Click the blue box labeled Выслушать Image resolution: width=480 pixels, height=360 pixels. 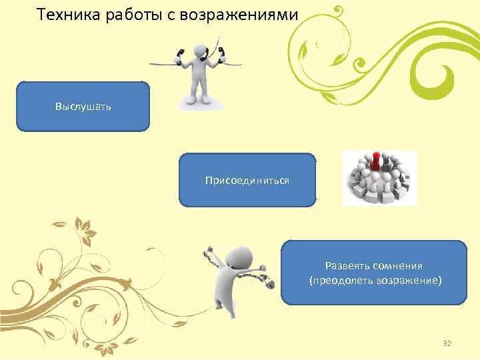(x=83, y=106)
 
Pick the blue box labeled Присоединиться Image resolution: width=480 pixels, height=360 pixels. (x=247, y=180)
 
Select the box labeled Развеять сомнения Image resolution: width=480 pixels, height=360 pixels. (x=374, y=273)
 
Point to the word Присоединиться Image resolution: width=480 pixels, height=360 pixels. (x=247, y=181)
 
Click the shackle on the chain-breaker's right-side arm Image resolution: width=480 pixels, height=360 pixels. (x=269, y=283)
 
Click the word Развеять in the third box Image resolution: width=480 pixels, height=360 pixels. (x=347, y=265)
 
